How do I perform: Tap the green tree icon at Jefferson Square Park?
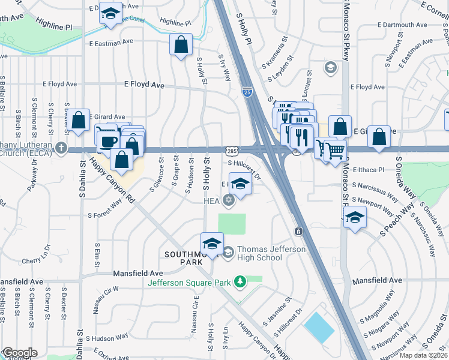[x=240, y=281]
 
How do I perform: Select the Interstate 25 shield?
[x=247, y=92]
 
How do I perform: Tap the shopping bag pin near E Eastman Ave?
[x=181, y=45]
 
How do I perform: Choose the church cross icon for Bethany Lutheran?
[x=61, y=147]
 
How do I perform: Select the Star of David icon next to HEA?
[x=228, y=200]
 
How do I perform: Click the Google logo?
[x=19, y=353]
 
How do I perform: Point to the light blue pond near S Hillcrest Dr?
[x=319, y=328]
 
